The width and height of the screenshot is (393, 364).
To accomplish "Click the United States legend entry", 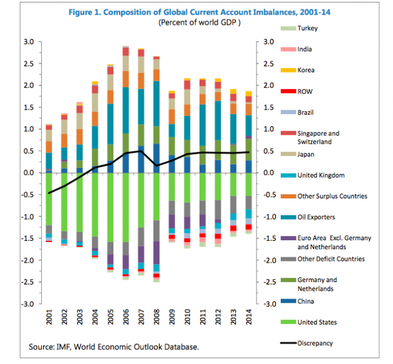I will click(317, 322).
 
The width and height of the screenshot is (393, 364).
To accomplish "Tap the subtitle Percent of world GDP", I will click(200, 22).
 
